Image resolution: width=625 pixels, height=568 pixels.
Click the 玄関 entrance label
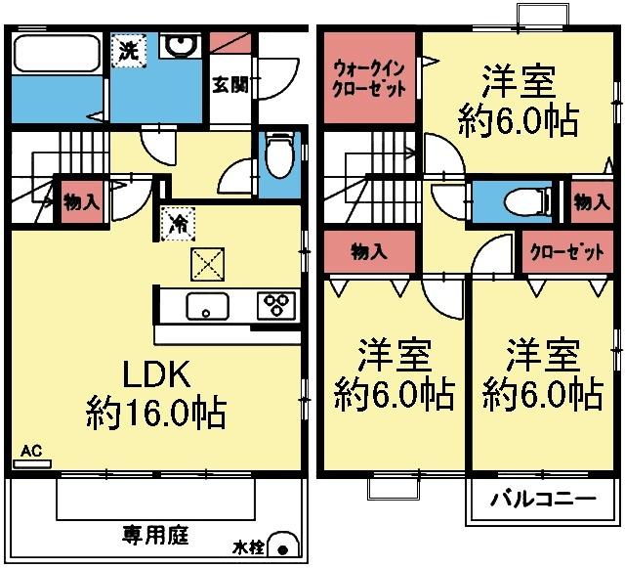(x=230, y=85)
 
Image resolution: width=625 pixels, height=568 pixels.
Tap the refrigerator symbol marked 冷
(x=178, y=223)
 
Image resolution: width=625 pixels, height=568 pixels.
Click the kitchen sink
(x=206, y=306)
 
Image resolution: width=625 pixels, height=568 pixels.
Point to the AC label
(x=30, y=451)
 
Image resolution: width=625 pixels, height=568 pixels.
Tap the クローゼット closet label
(x=565, y=252)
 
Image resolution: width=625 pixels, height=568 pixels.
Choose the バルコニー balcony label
(x=542, y=500)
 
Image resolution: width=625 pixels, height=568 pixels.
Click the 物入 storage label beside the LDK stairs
(x=81, y=203)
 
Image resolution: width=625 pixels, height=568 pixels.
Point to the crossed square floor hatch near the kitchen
(x=207, y=264)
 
